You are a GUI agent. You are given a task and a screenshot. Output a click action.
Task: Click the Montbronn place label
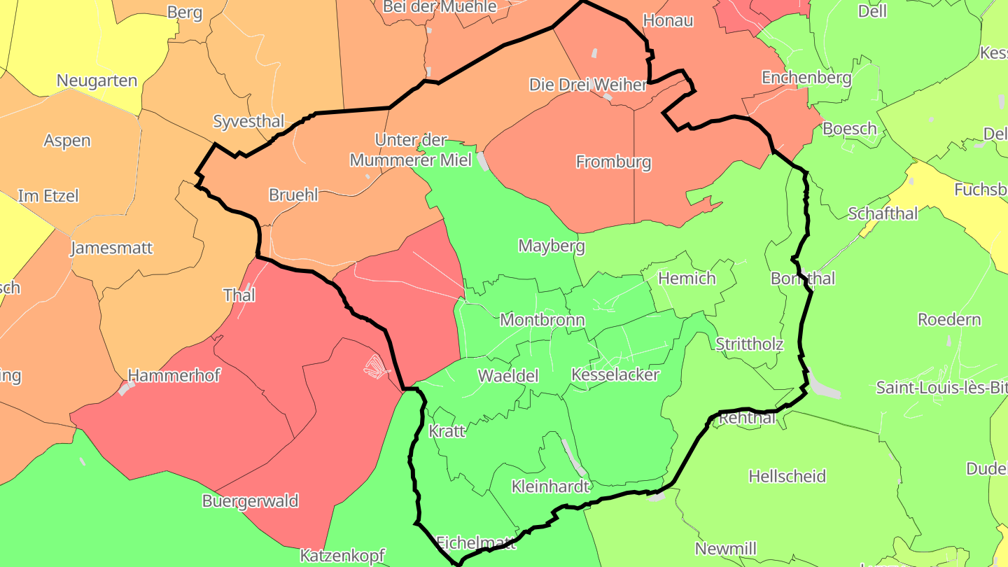542,320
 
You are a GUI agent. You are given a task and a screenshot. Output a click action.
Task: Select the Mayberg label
551,246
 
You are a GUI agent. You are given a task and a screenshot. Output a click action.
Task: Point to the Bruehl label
293,195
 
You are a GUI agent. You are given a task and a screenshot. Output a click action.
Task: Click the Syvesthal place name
248,121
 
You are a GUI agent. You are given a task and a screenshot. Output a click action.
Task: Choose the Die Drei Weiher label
587,85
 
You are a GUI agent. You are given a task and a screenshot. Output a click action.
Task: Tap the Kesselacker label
615,374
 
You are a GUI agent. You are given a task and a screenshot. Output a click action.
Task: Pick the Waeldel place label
507,376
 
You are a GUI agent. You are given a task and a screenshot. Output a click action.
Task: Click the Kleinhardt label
550,486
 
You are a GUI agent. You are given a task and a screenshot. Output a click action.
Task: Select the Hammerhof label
174,376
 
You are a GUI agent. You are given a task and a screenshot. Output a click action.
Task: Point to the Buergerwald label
250,501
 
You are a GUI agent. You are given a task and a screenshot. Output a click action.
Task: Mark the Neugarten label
97,80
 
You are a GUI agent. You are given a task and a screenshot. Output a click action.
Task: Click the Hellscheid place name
787,477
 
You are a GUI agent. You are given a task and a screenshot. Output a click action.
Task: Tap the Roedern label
948,320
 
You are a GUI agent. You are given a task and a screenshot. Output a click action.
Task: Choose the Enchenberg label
806,78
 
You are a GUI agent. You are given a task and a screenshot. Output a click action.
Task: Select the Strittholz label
749,344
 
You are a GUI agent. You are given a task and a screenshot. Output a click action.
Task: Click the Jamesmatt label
111,248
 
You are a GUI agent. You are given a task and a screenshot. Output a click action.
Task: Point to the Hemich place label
687,279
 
